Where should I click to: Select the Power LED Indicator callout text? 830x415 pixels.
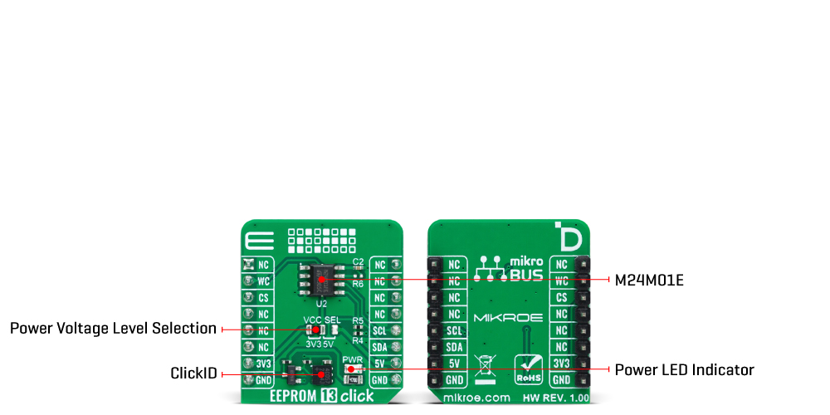point(684,369)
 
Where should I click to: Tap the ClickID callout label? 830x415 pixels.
point(193,373)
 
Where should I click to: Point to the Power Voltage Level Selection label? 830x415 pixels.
point(113,329)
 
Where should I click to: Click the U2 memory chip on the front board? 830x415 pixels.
point(321,280)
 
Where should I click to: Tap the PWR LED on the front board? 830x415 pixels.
point(351,369)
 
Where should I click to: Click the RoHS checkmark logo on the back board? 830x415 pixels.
point(529,368)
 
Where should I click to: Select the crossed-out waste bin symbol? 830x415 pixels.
point(485,367)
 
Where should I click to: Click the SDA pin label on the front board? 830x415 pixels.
point(379,346)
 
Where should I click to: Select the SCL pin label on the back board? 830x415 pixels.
point(454,330)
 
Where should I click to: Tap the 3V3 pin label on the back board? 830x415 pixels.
point(562,363)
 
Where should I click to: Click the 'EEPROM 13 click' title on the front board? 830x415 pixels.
point(322,396)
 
